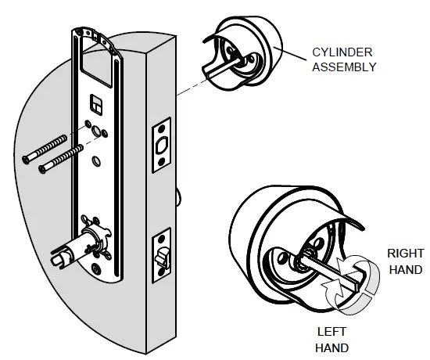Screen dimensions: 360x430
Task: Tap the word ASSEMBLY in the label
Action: click(344, 67)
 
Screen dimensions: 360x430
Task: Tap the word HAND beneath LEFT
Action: click(331, 347)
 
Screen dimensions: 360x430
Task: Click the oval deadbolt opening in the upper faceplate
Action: click(163, 146)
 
